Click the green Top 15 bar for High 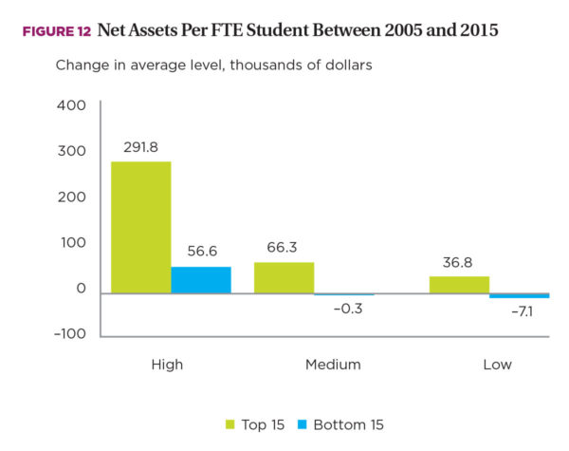pyautogui.click(x=141, y=228)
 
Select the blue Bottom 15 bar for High pyautogui.click(x=201, y=280)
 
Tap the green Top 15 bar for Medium pyautogui.click(x=284, y=277)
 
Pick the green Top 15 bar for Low pyautogui.click(x=459, y=285)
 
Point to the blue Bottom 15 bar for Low pyautogui.click(x=519, y=296)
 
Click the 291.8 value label pyautogui.click(x=141, y=147)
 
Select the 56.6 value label pyautogui.click(x=201, y=252)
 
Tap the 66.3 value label pyautogui.click(x=284, y=247)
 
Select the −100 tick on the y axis pyautogui.click(x=69, y=334)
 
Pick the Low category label pyautogui.click(x=497, y=364)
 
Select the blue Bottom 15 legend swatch pyautogui.click(x=303, y=424)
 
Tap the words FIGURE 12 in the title pyautogui.click(x=56, y=31)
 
